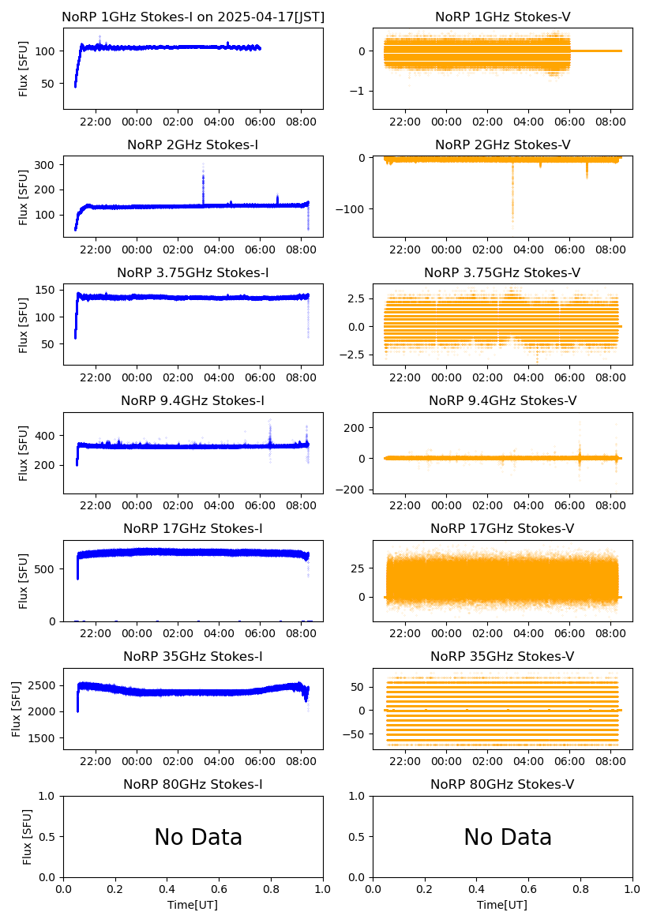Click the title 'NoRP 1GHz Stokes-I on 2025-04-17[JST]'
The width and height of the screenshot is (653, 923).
point(193,17)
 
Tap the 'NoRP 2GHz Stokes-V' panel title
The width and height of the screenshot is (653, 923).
point(502,144)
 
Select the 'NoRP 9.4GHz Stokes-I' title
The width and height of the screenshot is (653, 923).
point(193,400)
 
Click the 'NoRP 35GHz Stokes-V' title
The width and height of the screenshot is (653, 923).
point(502,656)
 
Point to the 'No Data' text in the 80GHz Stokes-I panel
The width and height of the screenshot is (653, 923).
point(198,837)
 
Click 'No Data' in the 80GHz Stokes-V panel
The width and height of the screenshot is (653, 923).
point(508,837)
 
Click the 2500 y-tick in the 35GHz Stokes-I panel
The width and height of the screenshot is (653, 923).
point(43,685)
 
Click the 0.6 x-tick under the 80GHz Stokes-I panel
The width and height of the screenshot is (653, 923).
point(219,889)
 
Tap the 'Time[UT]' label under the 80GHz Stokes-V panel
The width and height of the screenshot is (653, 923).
point(502,905)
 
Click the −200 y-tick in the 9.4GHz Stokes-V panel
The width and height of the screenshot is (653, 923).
point(355,490)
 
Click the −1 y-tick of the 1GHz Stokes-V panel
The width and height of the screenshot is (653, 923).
point(362,92)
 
